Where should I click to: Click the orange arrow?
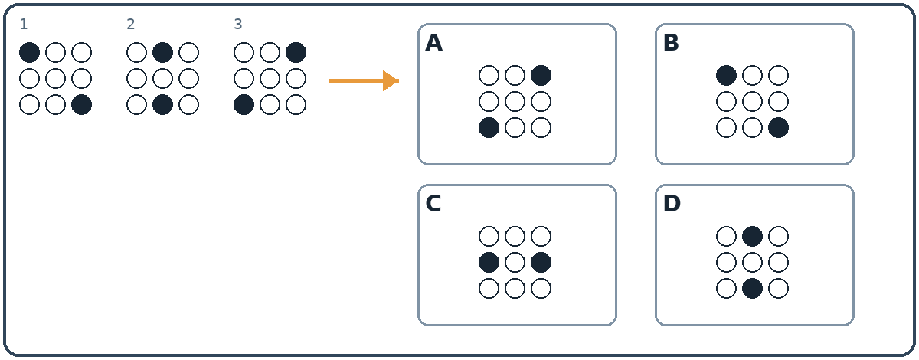tap(364, 81)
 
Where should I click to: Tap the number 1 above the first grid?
tap(24, 25)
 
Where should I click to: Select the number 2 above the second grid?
tap(130, 25)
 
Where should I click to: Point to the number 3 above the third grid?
tap(238, 25)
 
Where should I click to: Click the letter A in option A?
tap(433, 43)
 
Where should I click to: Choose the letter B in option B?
tap(671, 43)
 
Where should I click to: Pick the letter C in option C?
tap(433, 204)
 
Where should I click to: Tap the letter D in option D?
tap(672, 204)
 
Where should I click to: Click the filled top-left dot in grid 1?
tap(30, 53)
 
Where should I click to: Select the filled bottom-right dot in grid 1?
tap(82, 105)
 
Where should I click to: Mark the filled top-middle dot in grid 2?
tap(163, 53)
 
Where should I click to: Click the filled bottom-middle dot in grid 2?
tap(163, 105)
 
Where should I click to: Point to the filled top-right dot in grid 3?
tap(296, 53)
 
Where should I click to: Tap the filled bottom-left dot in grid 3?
tap(244, 105)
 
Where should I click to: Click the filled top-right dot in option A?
tap(541, 76)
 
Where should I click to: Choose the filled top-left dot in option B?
tap(726, 76)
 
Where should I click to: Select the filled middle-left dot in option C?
tap(489, 262)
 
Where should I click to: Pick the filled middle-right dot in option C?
tap(541, 262)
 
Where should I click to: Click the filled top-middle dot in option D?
tap(752, 237)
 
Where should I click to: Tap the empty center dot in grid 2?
tap(163, 79)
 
